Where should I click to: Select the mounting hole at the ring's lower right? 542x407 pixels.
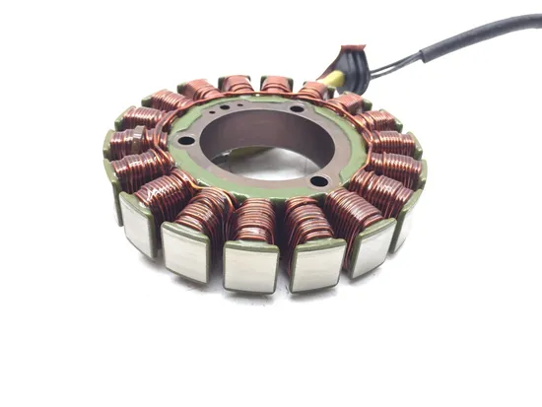(320, 179)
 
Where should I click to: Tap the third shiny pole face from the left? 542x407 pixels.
(250, 268)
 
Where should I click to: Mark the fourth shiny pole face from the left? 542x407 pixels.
(318, 264)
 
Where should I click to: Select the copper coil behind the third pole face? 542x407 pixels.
(254, 221)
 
